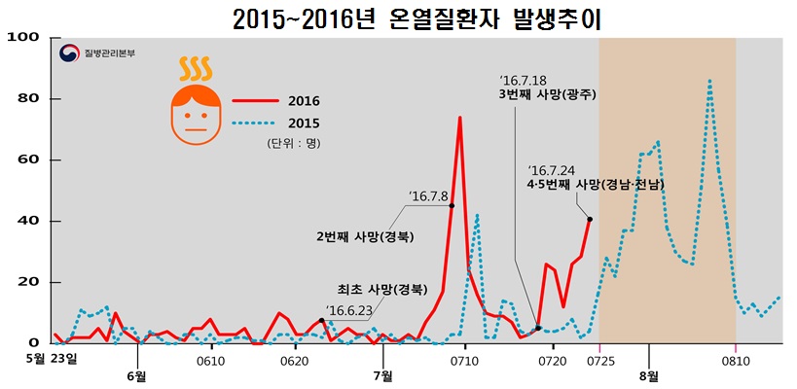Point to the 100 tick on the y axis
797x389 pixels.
(x=20, y=38)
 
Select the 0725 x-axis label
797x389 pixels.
(x=599, y=361)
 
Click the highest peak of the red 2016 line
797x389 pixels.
(x=459, y=118)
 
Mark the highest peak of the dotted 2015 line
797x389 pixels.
(x=709, y=82)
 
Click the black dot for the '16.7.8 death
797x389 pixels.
(x=452, y=205)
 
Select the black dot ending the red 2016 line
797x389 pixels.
(x=590, y=220)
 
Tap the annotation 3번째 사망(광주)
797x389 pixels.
(x=546, y=95)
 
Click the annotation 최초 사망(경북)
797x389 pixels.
(x=380, y=289)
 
